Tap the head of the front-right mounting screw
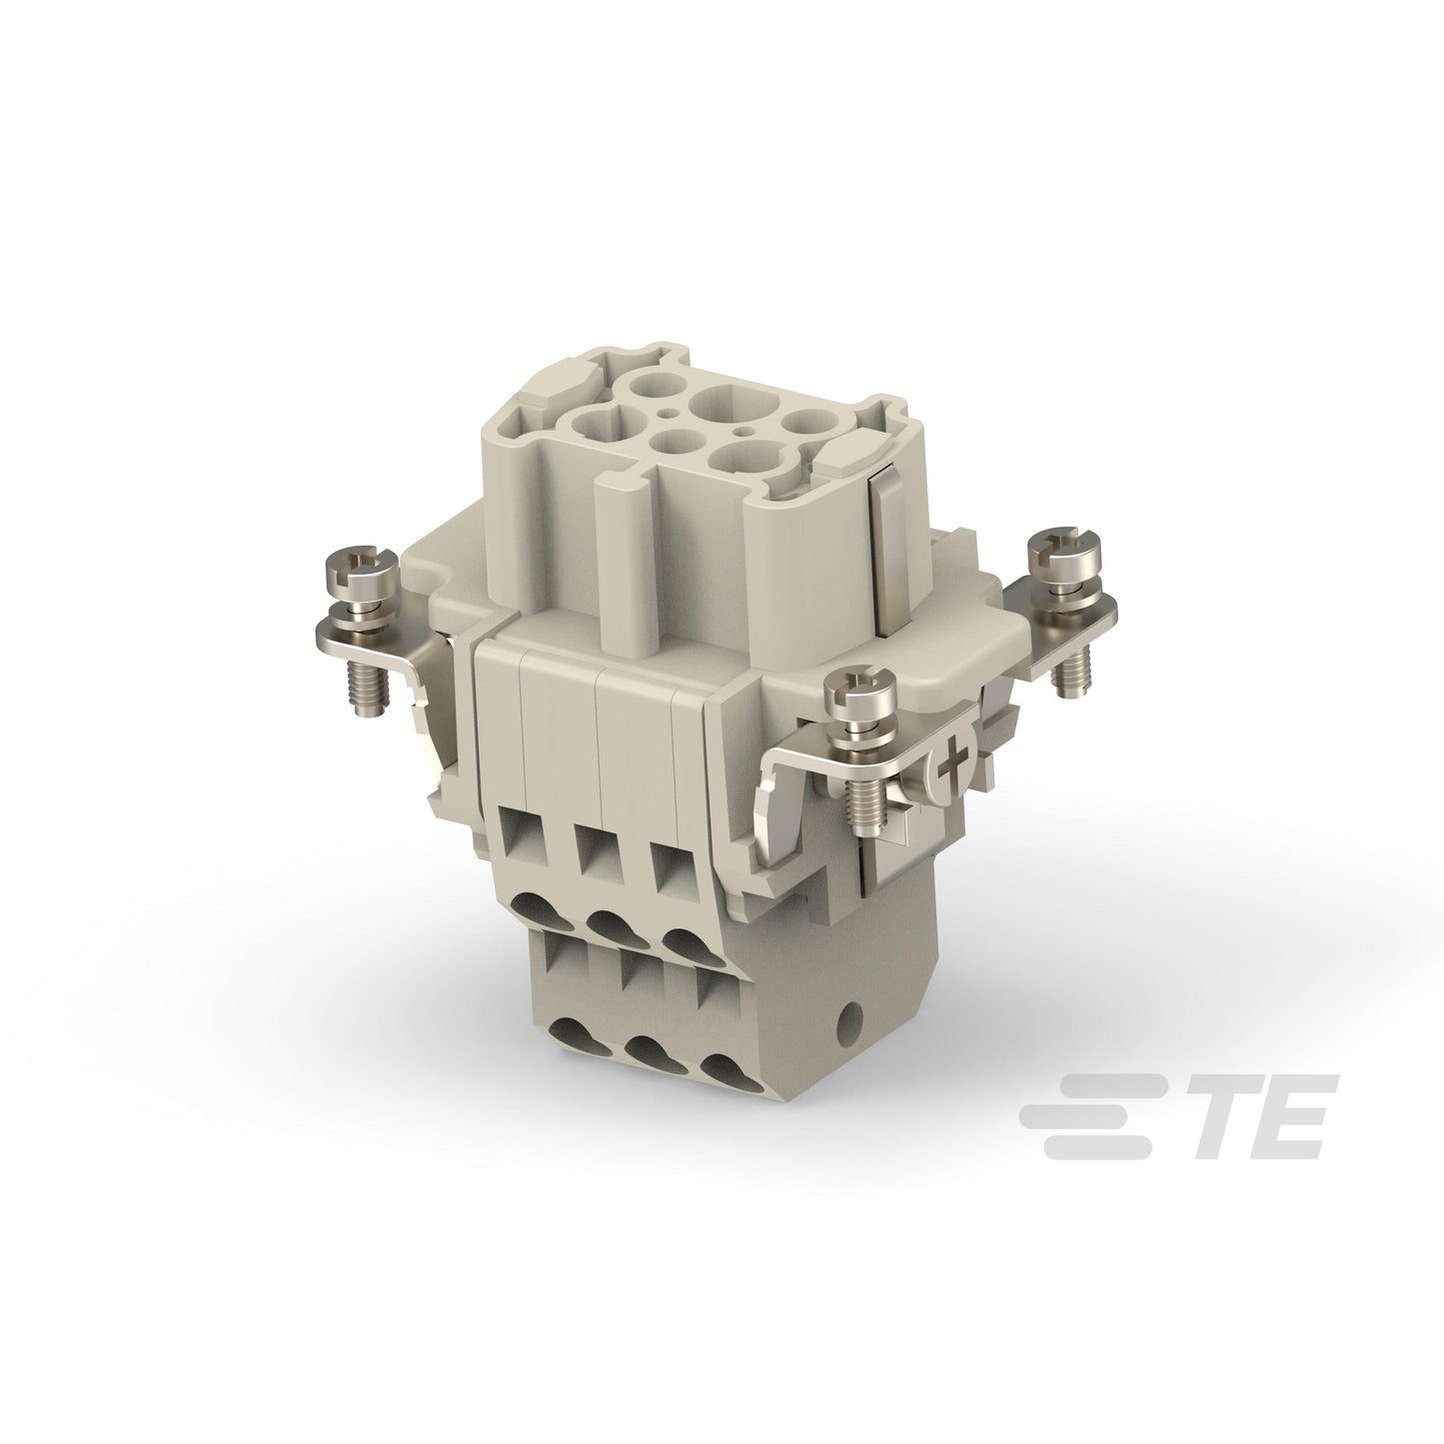(860, 688)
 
